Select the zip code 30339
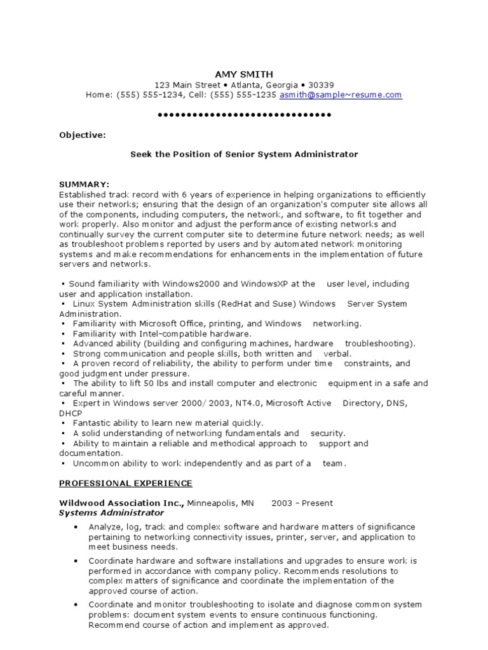[321, 84]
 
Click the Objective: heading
[83, 135]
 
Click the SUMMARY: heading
[84, 184]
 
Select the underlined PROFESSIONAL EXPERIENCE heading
[126, 483]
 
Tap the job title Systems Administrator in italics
[111, 512]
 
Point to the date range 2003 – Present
[302, 503]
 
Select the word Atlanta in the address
[248, 84]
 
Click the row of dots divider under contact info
[244, 115]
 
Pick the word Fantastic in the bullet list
[93, 423]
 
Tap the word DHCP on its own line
[71, 413]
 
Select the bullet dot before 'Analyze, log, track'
[76, 527]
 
